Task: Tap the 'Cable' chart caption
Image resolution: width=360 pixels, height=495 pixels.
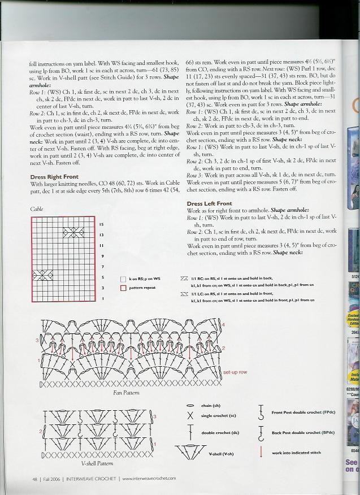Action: (37, 209)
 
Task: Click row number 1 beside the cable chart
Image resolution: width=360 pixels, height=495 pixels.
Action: (102, 298)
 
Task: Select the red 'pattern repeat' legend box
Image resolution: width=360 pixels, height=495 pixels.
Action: (123, 288)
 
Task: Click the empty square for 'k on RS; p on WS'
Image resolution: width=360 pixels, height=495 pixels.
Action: (123, 279)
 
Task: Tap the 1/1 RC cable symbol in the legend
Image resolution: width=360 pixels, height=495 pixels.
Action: (184, 279)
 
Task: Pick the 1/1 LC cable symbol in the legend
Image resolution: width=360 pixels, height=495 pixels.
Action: (184, 294)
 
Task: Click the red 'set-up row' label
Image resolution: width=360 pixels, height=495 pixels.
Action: (235, 372)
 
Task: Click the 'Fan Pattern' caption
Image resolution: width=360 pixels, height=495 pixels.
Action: (125, 392)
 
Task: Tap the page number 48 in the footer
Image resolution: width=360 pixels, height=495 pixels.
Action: (35, 479)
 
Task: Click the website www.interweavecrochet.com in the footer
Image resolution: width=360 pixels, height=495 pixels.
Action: (149, 479)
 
